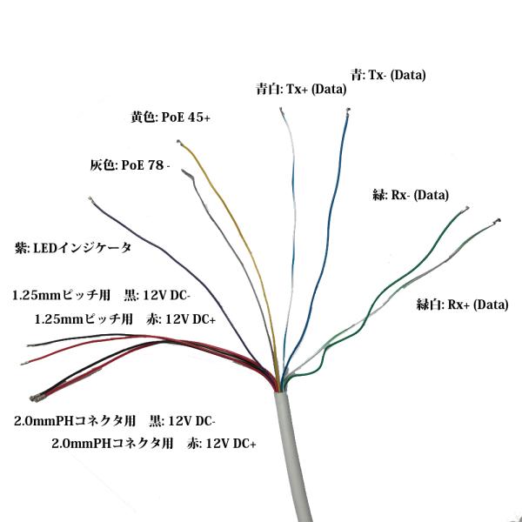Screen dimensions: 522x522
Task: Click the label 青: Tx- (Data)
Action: (x=388, y=75)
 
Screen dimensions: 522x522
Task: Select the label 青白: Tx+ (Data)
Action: (x=301, y=89)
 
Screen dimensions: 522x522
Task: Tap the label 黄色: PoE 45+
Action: (x=171, y=117)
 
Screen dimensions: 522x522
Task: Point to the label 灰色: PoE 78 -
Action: (x=130, y=164)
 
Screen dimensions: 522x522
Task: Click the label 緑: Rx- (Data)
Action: (x=411, y=195)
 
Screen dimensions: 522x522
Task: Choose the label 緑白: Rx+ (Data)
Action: (x=463, y=304)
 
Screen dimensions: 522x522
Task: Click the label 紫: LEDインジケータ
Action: (x=73, y=248)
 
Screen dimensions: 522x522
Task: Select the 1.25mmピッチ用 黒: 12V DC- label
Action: (x=101, y=295)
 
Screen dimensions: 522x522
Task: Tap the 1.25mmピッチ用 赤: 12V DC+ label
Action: (x=125, y=319)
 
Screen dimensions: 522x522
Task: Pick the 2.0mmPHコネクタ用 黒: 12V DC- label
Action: (x=115, y=421)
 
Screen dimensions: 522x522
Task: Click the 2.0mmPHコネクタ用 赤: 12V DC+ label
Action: (x=154, y=444)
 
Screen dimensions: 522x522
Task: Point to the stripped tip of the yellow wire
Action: (x=178, y=142)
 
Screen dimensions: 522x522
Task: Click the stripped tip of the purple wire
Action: (x=90, y=199)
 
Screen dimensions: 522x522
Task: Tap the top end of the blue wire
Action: (x=348, y=110)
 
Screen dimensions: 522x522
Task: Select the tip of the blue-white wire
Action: (x=281, y=110)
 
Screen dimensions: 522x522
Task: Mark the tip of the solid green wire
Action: (x=466, y=209)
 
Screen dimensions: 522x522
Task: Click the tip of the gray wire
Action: (x=184, y=171)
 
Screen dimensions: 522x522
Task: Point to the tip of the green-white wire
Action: (x=498, y=221)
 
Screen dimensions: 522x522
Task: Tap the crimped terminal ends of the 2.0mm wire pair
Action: (x=36, y=398)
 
